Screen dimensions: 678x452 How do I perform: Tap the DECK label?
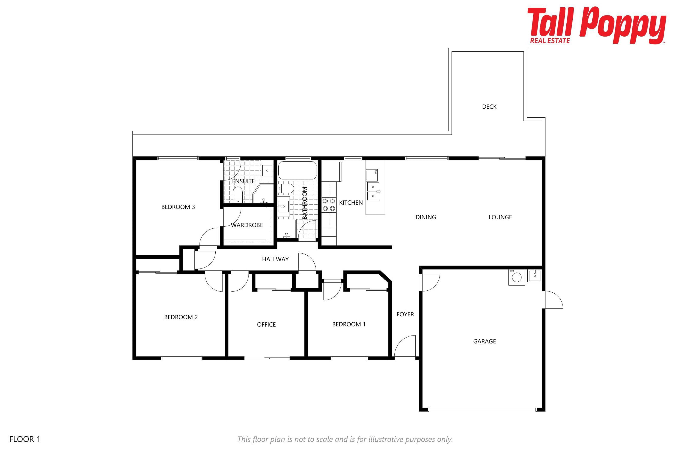489,107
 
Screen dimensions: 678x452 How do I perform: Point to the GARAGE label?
484,341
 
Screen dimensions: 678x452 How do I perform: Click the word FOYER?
405,314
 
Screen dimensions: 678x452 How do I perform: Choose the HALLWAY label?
275,259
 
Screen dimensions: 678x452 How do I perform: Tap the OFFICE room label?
266,325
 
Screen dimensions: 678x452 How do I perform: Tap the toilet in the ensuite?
238,195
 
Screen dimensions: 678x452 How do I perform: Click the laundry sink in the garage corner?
535,276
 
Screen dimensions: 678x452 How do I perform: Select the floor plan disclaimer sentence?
345,439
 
